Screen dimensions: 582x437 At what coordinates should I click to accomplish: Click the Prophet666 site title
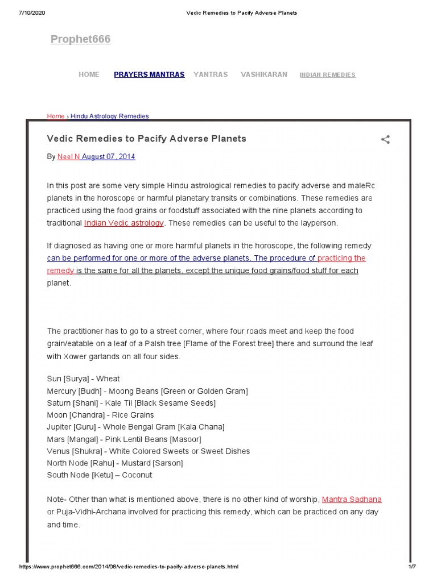[x=80, y=39]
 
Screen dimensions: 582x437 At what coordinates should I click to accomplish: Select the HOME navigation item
[x=89, y=74]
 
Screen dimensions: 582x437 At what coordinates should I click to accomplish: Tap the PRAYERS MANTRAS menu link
[x=149, y=74]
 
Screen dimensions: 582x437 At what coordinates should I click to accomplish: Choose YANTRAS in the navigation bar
[x=211, y=74]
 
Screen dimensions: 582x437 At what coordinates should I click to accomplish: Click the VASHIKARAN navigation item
[x=264, y=74]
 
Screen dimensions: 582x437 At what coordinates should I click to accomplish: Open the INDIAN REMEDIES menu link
[x=327, y=75]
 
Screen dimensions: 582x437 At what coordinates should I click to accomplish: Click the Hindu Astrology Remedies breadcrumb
[x=109, y=117]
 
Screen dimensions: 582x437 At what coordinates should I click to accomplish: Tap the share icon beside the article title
[x=385, y=139]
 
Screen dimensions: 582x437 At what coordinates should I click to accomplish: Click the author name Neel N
[x=68, y=157]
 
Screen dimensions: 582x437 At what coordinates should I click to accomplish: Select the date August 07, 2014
[x=109, y=157]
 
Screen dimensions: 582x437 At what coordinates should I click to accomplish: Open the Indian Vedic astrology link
[x=124, y=223]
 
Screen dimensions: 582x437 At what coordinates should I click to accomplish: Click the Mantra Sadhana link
[x=352, y=500]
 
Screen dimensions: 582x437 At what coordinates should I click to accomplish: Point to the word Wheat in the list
[x=108, y=379]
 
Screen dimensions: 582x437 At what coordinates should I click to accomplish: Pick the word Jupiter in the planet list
[x=59, y=427]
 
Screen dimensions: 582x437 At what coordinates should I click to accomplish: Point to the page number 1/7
[x=413, y=567]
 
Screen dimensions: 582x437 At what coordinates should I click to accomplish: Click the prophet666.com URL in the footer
[x=129, y=567]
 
